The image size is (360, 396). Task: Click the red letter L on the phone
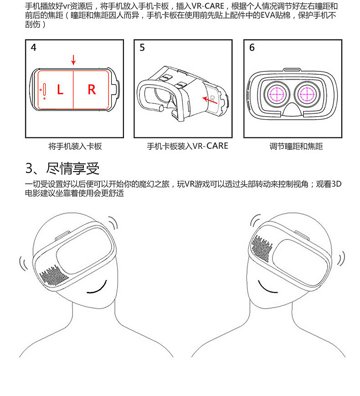pos(60,90)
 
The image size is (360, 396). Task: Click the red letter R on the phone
pos(92,90)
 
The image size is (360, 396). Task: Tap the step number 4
pos(33,47)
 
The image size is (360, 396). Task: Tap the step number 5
pos(142,47)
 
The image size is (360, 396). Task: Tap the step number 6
pos(252,47)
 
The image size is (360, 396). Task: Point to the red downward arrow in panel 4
pos(73,60)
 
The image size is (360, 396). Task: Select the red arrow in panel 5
pos(210,99)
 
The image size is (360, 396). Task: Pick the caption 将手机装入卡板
pos(75,147)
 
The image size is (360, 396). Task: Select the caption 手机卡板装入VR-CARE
pos(187,147)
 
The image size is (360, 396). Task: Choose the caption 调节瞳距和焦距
pos(296,147)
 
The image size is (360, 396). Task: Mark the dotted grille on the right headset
pos(262,248)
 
